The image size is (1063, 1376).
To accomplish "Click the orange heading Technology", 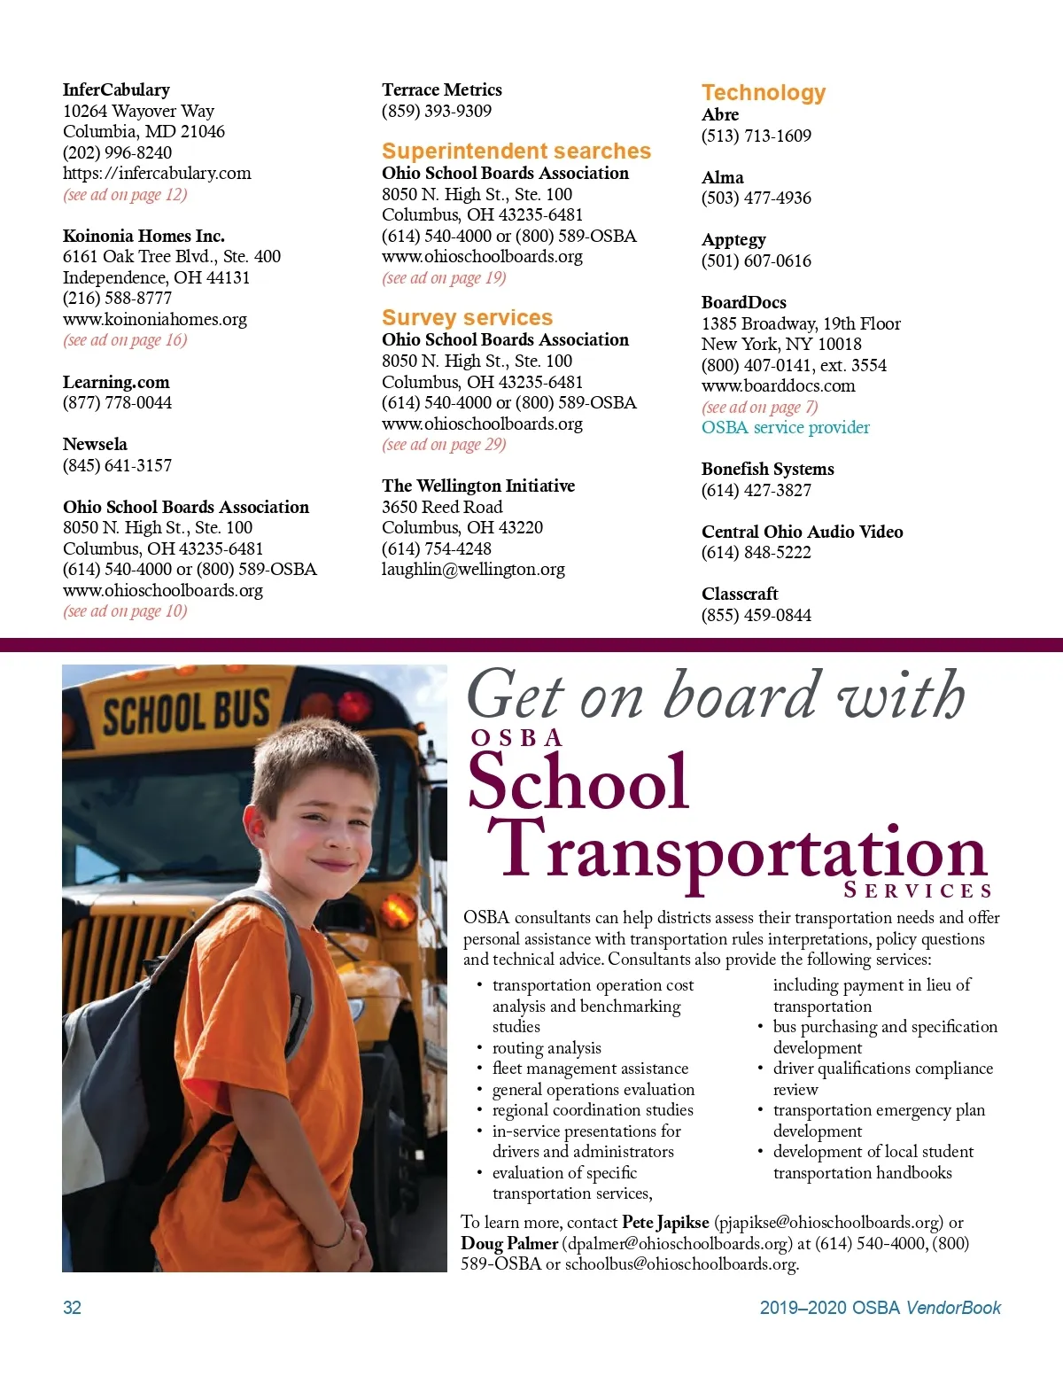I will tap(763, 92).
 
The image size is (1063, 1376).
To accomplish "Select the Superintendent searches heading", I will tap(516, 151).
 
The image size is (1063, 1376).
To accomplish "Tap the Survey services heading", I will tap(467, 317).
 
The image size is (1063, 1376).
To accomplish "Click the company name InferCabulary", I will tap(116, 89).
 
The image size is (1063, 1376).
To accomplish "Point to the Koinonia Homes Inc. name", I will tap(144, 236).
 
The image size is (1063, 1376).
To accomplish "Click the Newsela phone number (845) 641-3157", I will tap(117, 465).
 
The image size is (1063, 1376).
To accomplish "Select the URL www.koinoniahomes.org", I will tap(155, 319).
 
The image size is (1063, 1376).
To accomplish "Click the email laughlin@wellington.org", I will tap(473, 569).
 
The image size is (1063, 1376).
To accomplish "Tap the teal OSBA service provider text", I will tap(785, 427).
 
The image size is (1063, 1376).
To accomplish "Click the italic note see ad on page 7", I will tap(759, 407).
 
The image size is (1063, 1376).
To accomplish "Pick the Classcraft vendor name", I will tap(740, 594).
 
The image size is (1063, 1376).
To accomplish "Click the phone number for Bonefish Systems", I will tap(756, 490).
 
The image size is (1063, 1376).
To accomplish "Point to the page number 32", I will tap(72, 1308).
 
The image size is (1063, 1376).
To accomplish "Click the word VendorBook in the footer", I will tap(953, 1308).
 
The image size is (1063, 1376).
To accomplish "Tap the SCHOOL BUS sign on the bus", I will tap(185, 712).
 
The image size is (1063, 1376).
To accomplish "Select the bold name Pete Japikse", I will tap(665, 1223).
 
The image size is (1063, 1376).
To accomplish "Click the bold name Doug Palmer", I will tap(508, 1243).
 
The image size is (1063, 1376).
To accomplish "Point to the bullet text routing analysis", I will tap(547, 1047).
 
